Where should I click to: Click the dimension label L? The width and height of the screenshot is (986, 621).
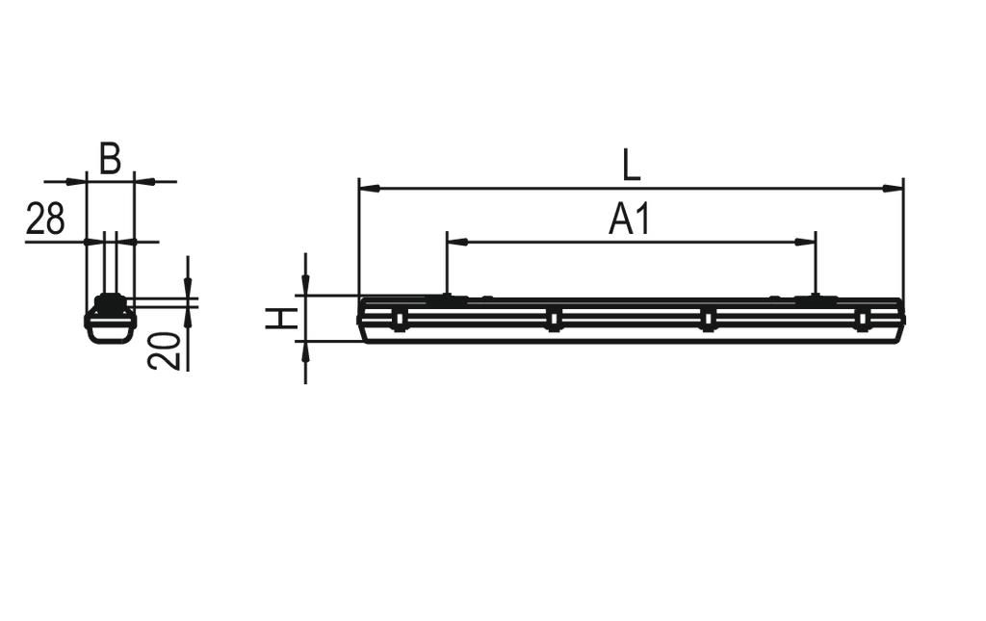pyautogui.click(x=631, y=165)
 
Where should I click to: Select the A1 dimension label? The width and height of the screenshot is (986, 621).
pyautogui.click(x=631, y=220)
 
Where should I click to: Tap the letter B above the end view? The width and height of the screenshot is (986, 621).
pyautogui.click(x=111, y=159)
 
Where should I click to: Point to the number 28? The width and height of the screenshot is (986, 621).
pyautogui.click(x=45, y=220)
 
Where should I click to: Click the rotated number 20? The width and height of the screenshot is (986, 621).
pyautogui.click(x=165, y=350)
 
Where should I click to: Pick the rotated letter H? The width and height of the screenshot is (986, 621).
pyautogui.click(x=281, y=318)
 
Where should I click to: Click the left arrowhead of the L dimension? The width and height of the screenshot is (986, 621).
pyautogui.click(x=367, y=188)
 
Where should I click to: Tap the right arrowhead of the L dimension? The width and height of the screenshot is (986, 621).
pyautogui.click(x=895, y=188)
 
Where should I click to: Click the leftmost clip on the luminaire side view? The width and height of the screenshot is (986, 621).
pyautogui.click(x=399, y=319)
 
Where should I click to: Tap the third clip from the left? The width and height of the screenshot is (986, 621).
pyautogui.click(x=708, y=319)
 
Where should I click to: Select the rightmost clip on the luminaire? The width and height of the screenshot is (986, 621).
pyautogui.click(x=862, y=319)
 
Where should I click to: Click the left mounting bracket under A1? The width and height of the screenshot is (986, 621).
pyautogui.click(x=447, y=300)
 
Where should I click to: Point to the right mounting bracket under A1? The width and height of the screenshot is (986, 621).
pyautogui.click(x=816, y=300)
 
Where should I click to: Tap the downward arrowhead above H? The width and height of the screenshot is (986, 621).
pyautogui.click(x=305, y=287)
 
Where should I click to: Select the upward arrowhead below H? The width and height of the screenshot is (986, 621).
pyautogui.click(x=305, y=350)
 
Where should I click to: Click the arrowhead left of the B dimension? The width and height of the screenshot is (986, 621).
pyautogui.click(x=78, y=180)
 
